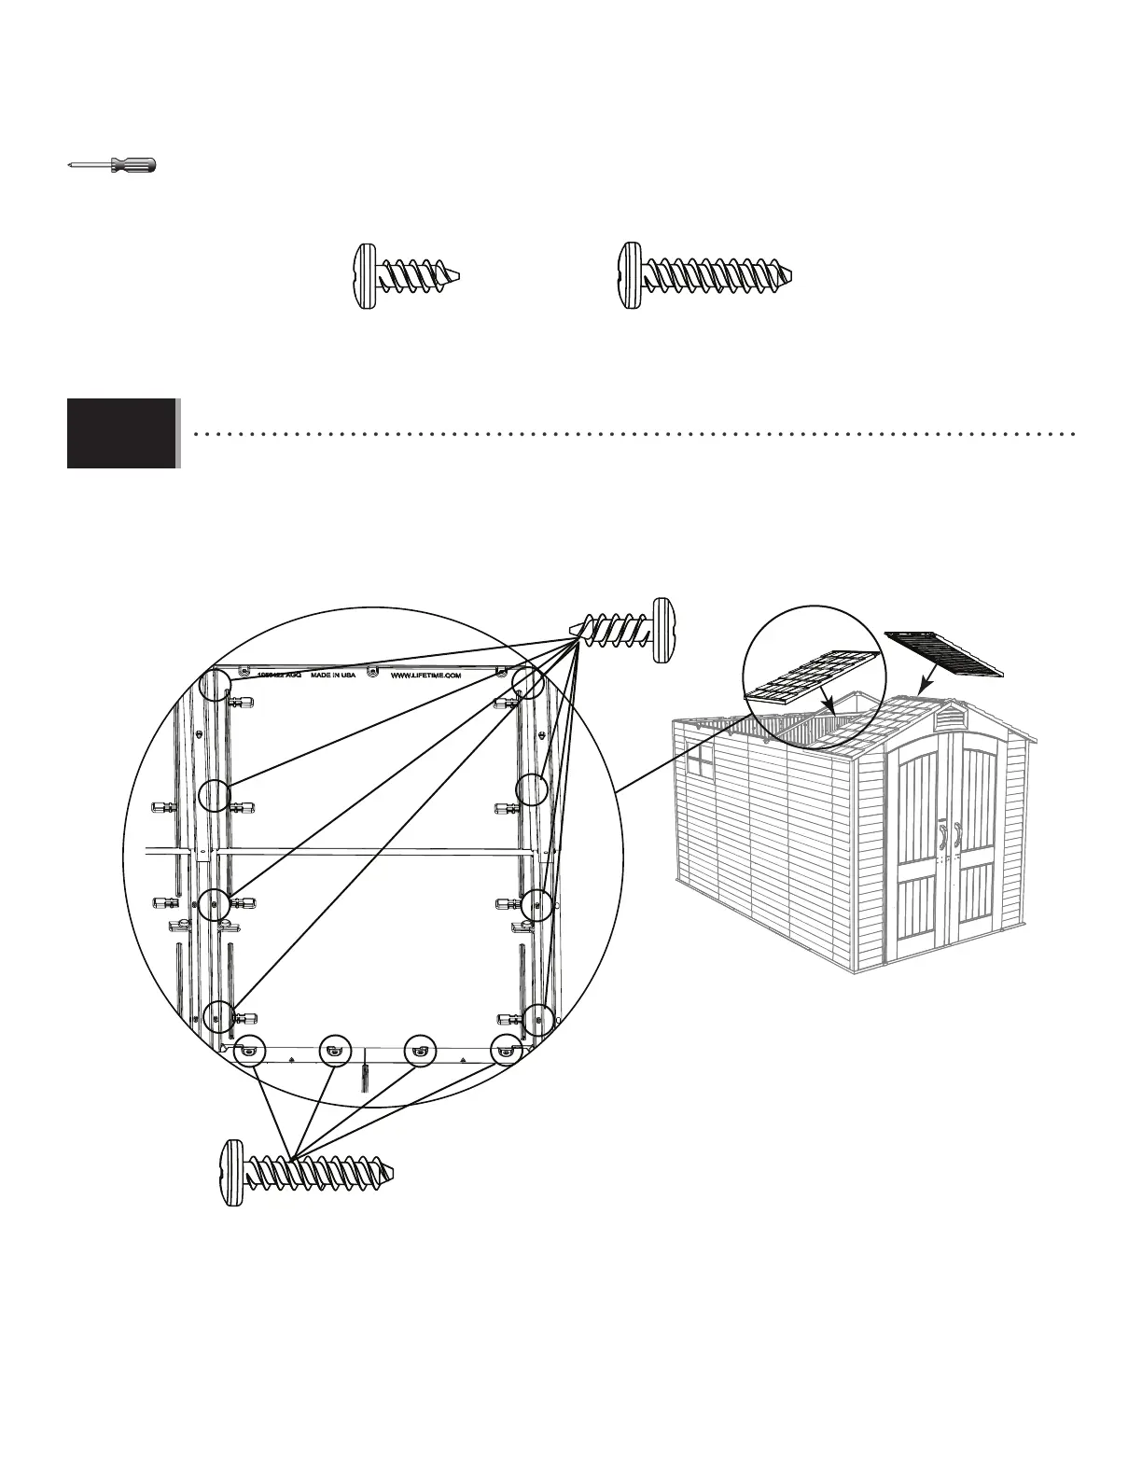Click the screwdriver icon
pos(113,166)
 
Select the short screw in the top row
pos(408,277)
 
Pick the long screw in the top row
pos(706,277)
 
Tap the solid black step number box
pos(121,433)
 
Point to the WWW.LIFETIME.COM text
pos(425,676)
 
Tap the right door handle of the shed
pos(958,835)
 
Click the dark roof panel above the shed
pos(944,653)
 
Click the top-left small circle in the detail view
pos(217,682)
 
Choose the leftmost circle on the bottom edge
pos(250,1051)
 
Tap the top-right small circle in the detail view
pos(528,682)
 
